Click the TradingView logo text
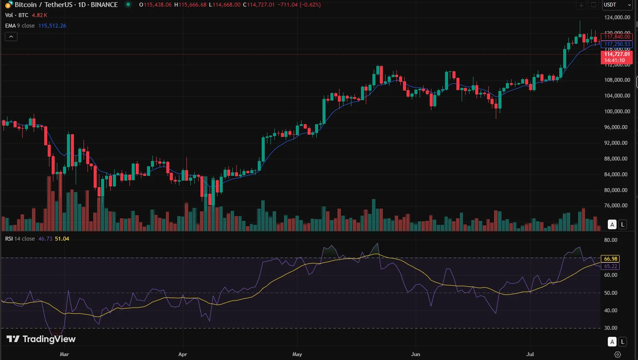click(x=41, y=339)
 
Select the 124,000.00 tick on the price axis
click(x=617, y=17)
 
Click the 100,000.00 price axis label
click(x=617, y=112)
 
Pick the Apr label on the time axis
click(x=182, y=354)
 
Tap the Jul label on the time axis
click(x=530, y=354)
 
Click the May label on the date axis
click(x=297, y=354)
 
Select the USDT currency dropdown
click(x=617, y=5)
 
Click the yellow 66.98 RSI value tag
click(x=610, y=259)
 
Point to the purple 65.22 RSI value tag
click(x=610, y=266)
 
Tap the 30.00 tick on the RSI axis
click(x=610, y=328)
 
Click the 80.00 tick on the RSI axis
click(x=610, y=240)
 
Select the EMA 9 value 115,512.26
click(x=52, y=26)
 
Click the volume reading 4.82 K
click(x=39, y=15)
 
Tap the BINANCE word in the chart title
click(x=104, y=5)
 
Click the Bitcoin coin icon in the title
click(x=8, y=5)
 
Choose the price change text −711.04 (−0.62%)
click(x=299, y=5)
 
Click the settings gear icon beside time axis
click(x=617, y=354)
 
